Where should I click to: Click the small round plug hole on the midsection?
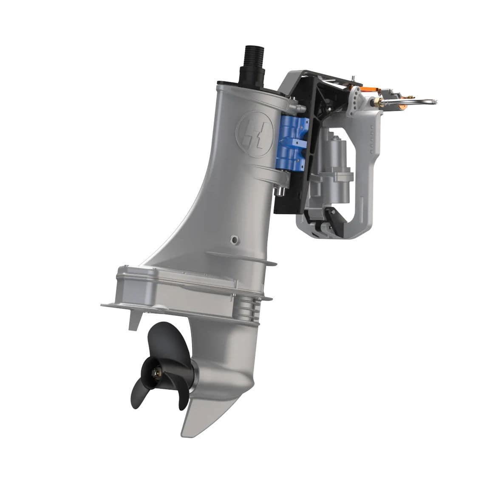232,240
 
